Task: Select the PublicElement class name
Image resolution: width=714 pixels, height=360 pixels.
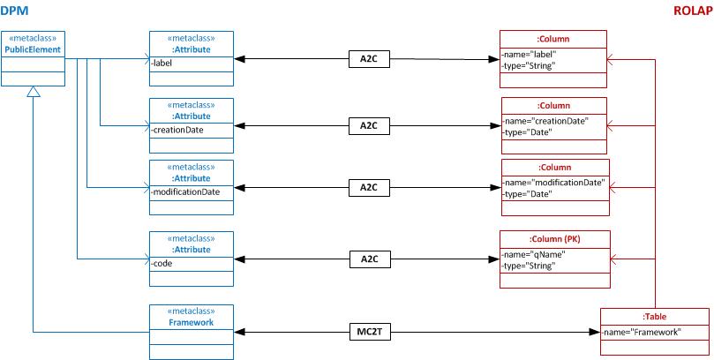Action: [x=34, y=50]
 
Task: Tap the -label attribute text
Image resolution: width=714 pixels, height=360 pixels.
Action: [x=162, y=63]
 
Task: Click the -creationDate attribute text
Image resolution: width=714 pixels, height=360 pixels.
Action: [x=177, y=131]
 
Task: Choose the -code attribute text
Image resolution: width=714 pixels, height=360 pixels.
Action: [x=162, y=264]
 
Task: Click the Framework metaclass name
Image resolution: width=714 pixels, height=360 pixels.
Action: [x=192, y=322]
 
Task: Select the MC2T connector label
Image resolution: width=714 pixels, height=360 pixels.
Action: [x=369, y=333]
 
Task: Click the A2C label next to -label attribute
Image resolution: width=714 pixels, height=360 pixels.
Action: [x=369, y=60]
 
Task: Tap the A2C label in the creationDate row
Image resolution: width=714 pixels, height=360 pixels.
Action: [x=369, y=125]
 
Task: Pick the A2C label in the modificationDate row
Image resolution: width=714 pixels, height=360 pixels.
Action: [x=369, y=187]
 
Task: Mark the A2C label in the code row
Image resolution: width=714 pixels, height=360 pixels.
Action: [x=369, y=259]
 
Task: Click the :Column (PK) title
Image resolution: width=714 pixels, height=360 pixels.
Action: [x=554, y=239]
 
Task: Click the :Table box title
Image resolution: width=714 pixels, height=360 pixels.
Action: [x=654, y=316]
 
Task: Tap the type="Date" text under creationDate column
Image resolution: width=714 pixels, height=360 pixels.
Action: [x=529, y=132]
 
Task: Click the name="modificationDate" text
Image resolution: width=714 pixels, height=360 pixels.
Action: [x=554, y=182]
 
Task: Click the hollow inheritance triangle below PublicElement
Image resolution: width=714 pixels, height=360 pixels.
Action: [x=34, y=93]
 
